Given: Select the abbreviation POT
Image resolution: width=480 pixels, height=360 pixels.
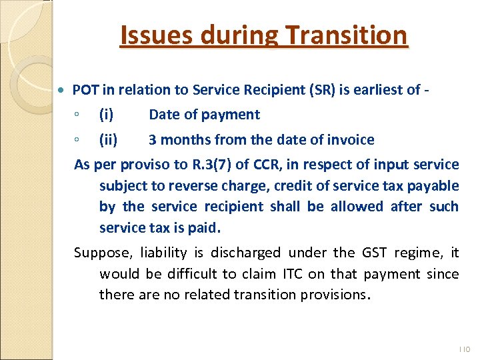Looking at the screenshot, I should pyautogui.click(x=85, y=89).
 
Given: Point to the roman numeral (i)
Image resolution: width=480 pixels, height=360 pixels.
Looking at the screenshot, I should pyautogui.click(x=106, y=115).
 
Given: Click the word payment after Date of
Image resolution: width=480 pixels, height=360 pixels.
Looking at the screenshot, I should pyautogui.click(x=231, y=115).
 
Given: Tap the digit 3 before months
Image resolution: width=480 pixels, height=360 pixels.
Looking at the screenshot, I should pyautogui.click(x=153, y=140).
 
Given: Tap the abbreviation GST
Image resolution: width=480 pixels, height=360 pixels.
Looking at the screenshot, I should pyautogui.click(x=375, y=253).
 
